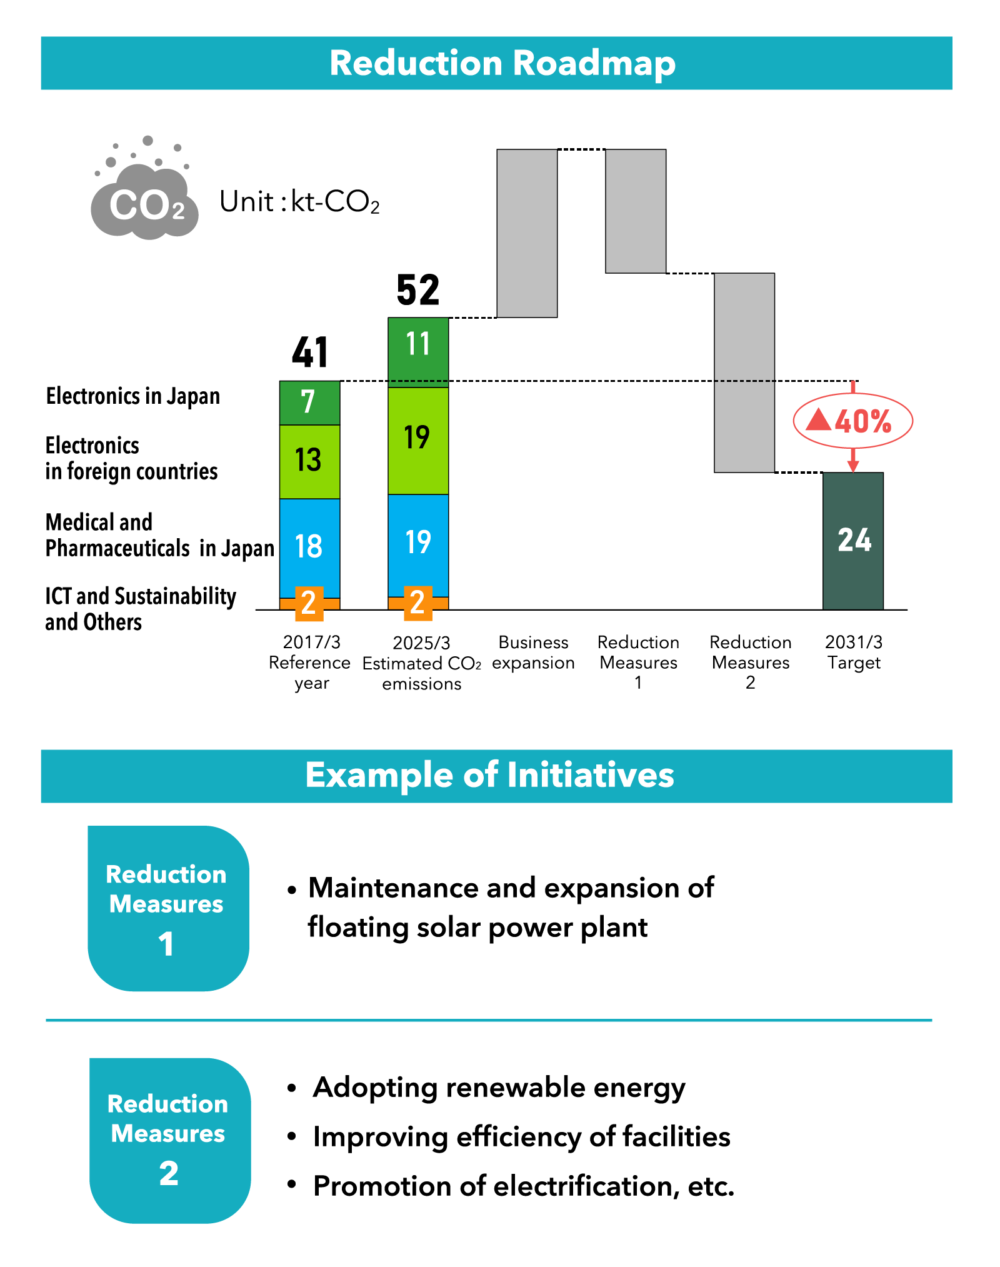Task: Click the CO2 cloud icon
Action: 145,194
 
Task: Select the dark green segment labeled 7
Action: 309,403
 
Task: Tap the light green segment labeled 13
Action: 309,461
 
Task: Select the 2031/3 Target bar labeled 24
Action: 853,541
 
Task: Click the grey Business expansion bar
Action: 527,233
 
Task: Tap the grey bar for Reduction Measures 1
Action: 636,211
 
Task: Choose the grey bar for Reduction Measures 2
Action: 744,373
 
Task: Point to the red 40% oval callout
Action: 852,421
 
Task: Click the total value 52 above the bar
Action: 418,290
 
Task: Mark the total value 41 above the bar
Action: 310,353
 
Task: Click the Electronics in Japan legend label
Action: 132,396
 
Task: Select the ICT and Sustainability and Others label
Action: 140,609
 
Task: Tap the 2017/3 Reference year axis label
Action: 310,662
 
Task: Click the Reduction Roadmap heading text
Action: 502,63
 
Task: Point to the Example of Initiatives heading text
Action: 489,775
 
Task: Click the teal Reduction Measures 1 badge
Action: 168,908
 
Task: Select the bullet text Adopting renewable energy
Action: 499,1088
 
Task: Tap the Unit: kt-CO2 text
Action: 299,202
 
